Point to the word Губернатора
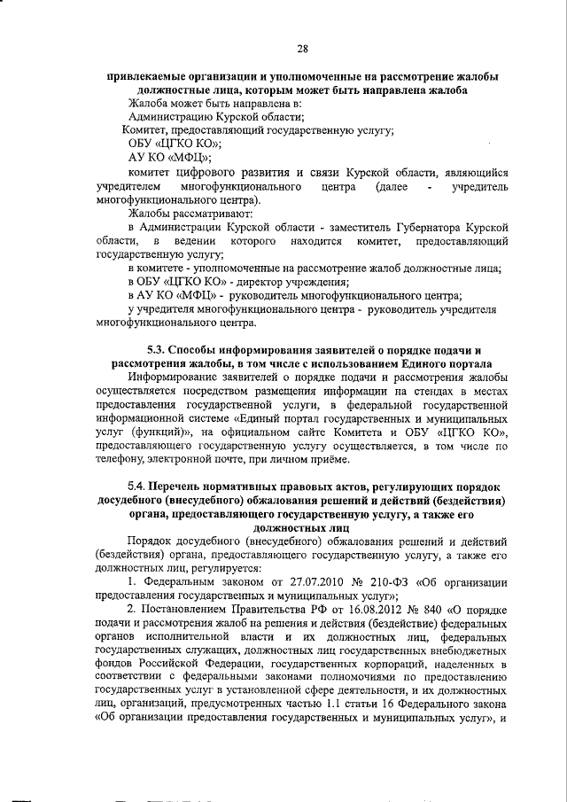pyautogui.click(x=411, y=228)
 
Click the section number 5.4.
pyautogui.click(x=136, y=487)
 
